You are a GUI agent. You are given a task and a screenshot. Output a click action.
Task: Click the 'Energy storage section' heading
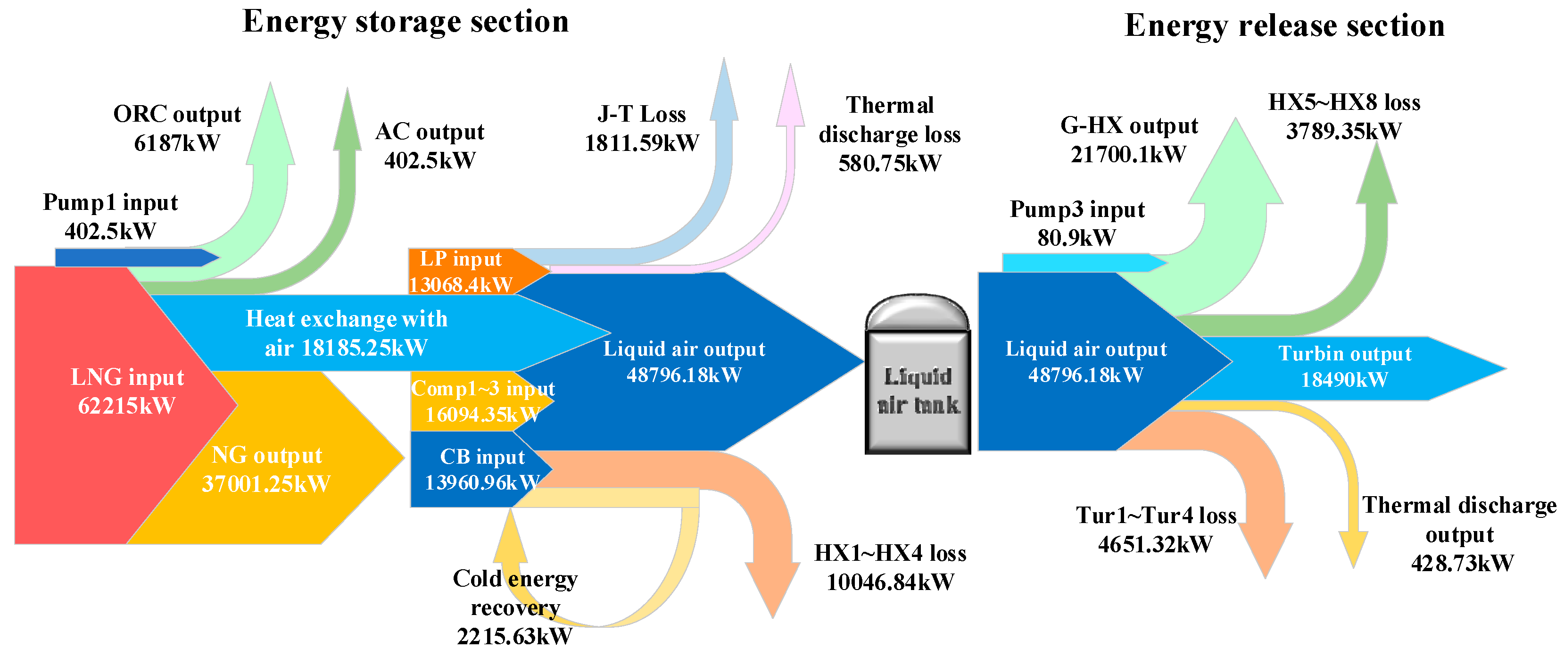(405, 22)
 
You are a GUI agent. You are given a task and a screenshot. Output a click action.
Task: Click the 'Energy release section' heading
(1284, 25)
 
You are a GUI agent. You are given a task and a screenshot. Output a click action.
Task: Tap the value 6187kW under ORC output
(177, 143)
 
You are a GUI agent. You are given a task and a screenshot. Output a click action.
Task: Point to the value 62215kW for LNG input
(127, 406)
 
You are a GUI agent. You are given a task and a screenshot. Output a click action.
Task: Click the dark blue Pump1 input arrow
(133, 258)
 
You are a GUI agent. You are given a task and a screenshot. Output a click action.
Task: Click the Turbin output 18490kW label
(1344, 367)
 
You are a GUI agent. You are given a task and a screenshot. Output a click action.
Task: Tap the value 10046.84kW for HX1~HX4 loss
(890, 582)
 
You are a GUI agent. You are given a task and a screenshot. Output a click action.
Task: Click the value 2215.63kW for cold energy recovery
(514, 636)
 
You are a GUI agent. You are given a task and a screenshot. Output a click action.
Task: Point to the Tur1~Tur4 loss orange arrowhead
(1265, 549)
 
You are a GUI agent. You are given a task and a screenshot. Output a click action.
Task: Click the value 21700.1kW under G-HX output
(1128, 155)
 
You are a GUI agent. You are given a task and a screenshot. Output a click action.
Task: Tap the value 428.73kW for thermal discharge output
(1462, 564)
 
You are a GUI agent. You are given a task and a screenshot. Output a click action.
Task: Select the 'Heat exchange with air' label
(346, 333)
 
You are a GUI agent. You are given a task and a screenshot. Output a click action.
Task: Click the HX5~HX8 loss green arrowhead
(1377, 176)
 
